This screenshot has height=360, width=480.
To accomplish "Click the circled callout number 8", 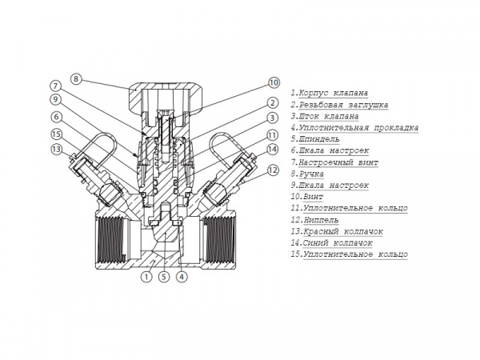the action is click(x=76, y=79).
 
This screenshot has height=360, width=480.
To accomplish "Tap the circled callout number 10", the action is click(x=274, y=82).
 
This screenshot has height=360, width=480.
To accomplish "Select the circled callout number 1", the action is click(x=146, y=277).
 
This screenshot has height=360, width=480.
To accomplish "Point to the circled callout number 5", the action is click(x=164, y=277).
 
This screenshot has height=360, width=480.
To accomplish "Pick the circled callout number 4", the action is click(x=182, y=277).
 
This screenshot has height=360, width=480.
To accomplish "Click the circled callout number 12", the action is click(x=274, y=170).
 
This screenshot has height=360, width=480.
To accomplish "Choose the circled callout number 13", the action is click(x=56, y=150).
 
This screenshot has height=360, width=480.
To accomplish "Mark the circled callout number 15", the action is click(x=56, y=134).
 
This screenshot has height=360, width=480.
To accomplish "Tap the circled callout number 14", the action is click(x=273, y=150).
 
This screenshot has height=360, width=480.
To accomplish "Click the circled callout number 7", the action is click(x=55, y=86).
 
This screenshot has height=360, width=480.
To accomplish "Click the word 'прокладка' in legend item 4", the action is click(x=396, y=128).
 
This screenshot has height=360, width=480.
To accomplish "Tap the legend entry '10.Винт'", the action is click(x=306, y=197).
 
